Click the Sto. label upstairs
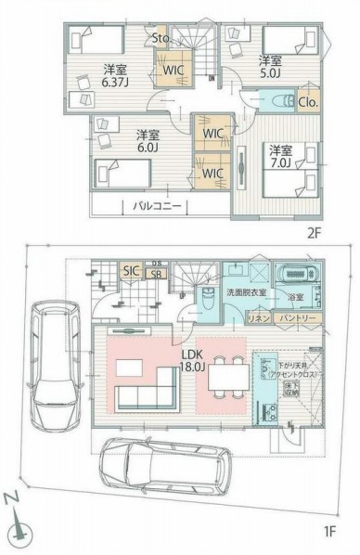[161, 38]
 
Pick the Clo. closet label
[308, 102]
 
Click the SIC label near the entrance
[132, 270]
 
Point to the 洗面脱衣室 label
[248, 292]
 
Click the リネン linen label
[257, 318]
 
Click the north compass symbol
[20, 529]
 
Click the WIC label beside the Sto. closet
[173, 69]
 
